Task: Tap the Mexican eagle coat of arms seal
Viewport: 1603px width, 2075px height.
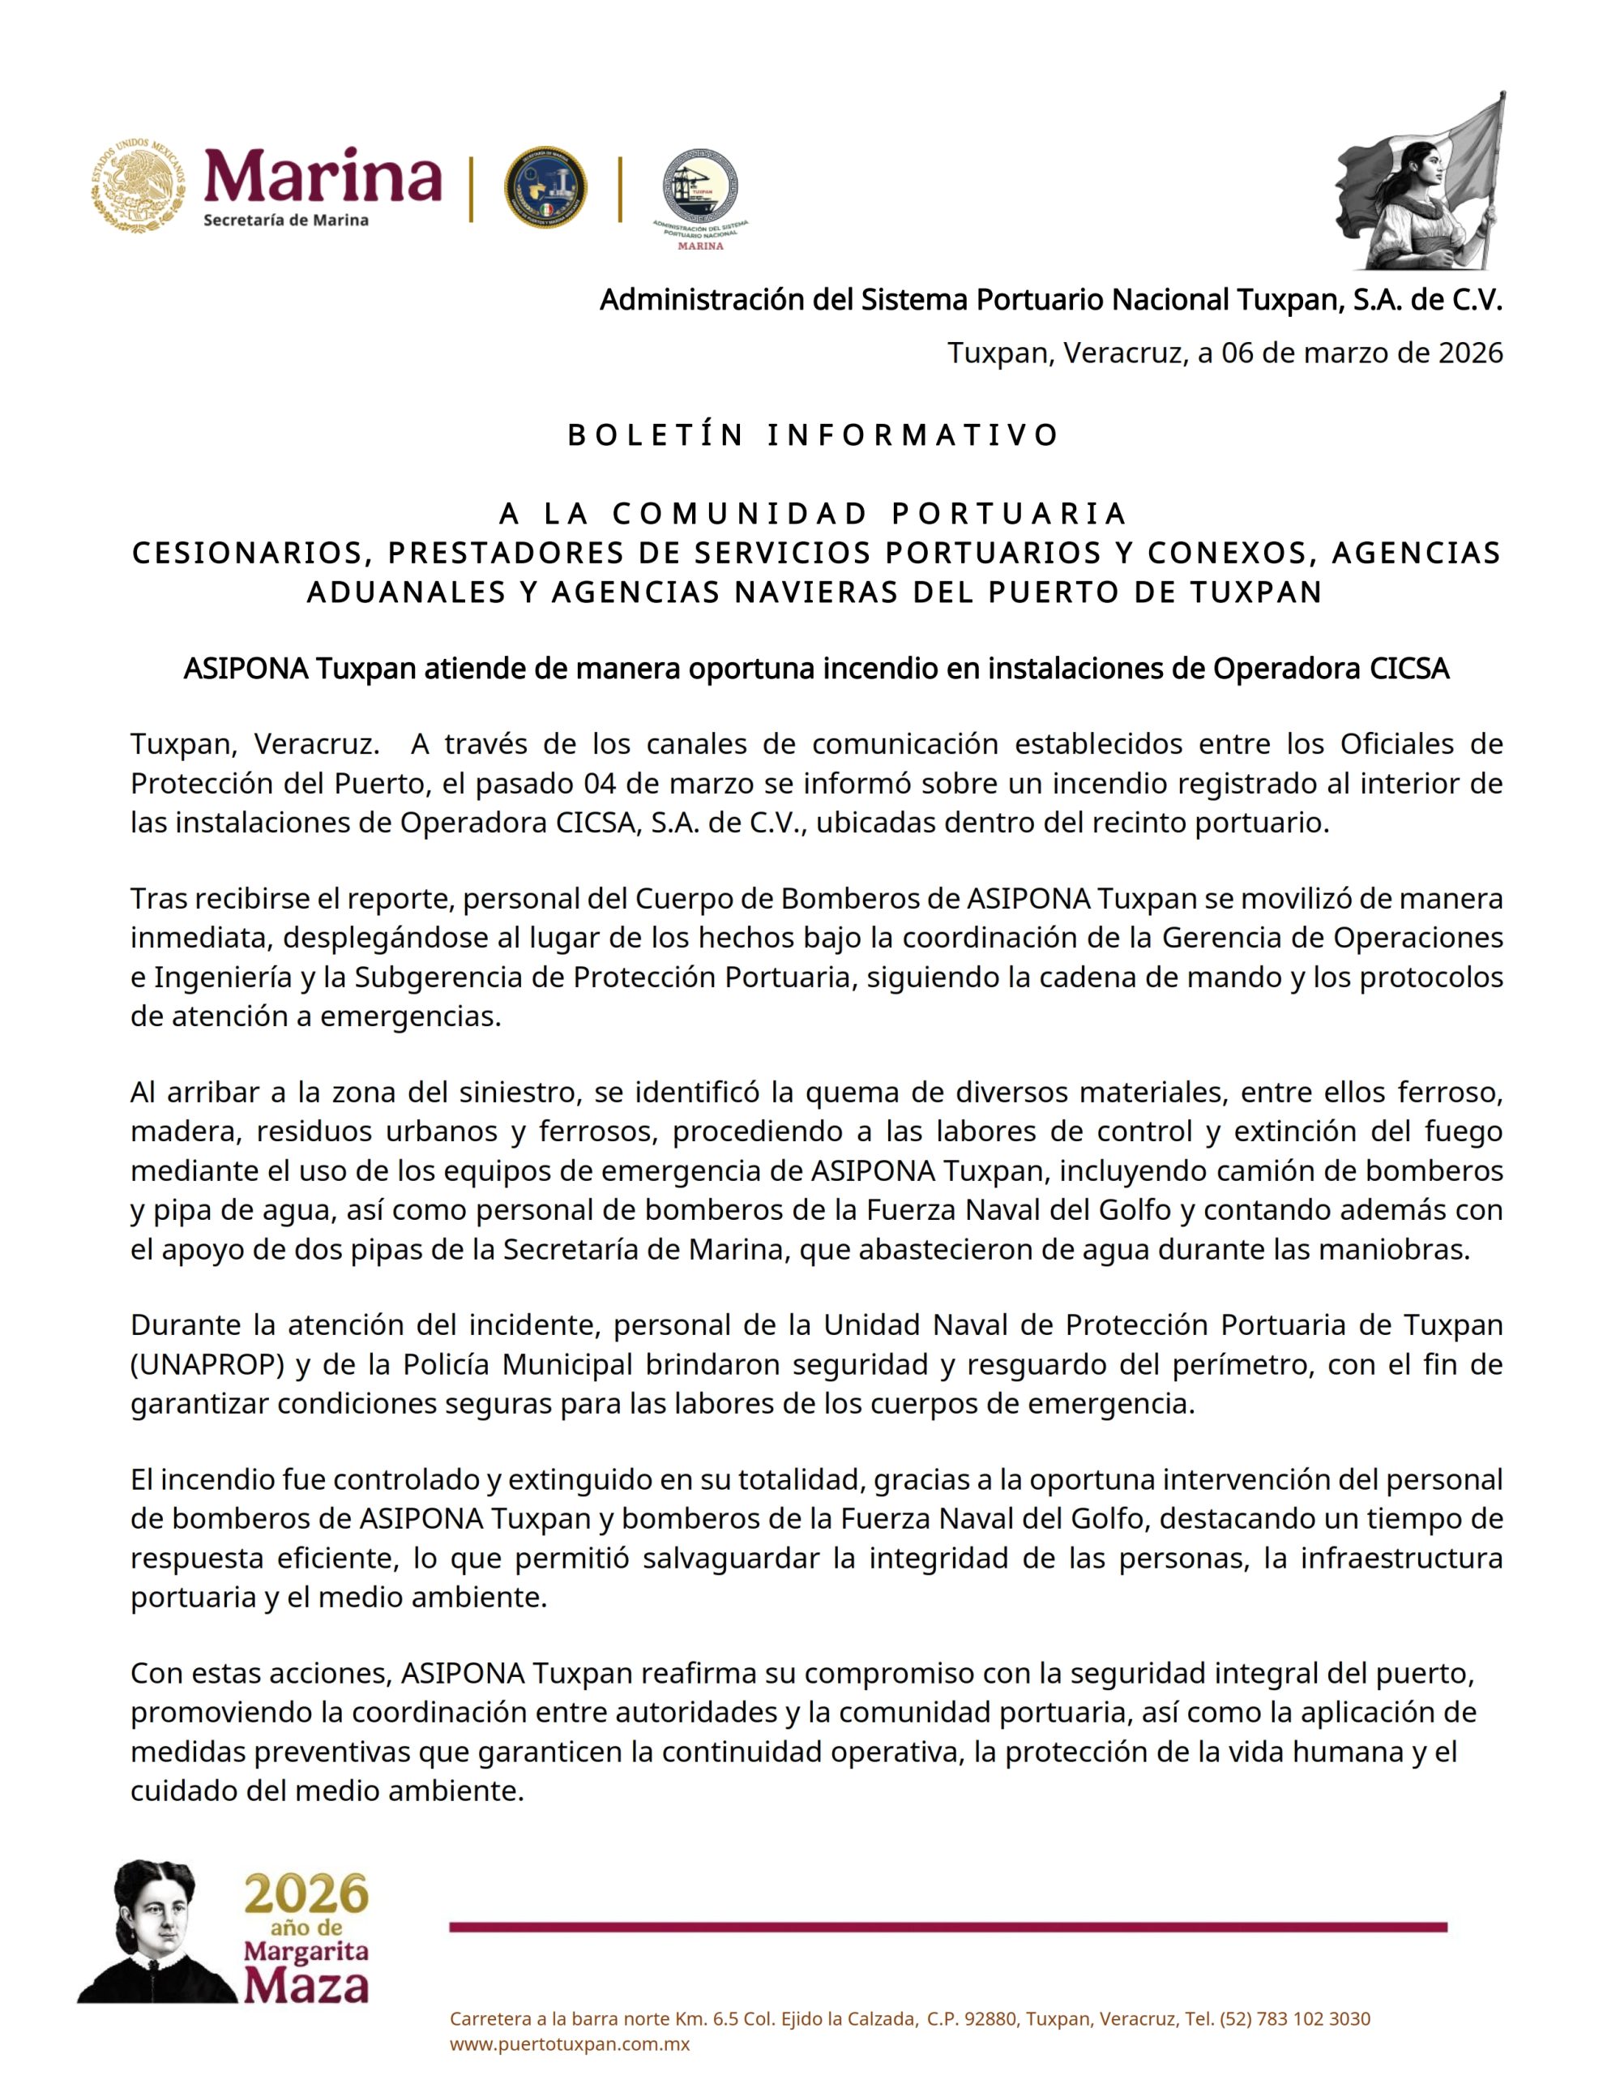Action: (x=139, y=186)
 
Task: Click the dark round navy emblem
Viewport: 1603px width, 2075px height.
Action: (x=545, y=187)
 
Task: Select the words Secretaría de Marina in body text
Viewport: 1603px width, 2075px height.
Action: (x=643, y=1248)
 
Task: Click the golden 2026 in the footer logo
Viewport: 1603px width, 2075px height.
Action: (x=306, y=1895)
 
